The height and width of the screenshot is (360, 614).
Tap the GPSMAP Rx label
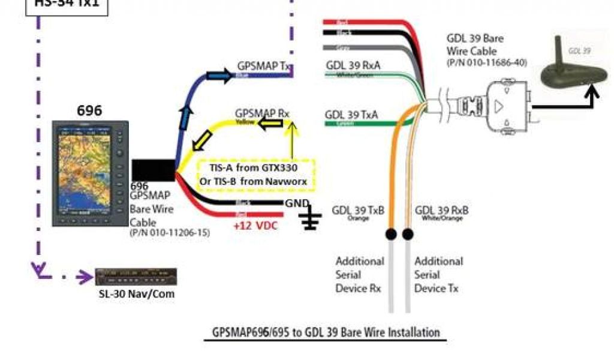[262, 113]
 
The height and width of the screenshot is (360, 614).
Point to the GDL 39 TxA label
[351, 114]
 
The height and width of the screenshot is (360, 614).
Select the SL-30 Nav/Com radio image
[136, 277]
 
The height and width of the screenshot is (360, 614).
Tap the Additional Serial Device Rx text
[360, 275]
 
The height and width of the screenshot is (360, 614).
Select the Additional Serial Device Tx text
[438, 275]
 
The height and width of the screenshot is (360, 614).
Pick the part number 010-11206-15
[170, 232]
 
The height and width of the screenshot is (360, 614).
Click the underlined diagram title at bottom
[326, 332]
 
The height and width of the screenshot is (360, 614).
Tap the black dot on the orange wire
[390, 233]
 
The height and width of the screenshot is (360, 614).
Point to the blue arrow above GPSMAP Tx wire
[218, 75]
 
